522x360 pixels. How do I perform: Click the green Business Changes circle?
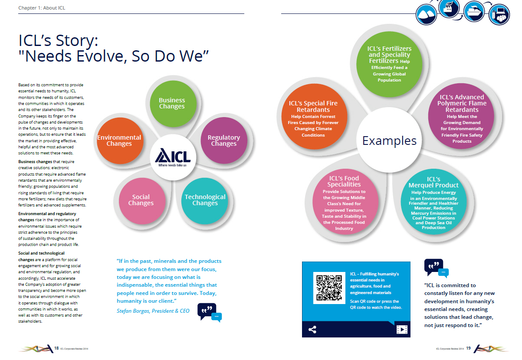(173, 104)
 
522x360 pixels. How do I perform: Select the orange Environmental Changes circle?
(120, 141)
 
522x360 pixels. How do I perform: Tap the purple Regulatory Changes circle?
(224, 141)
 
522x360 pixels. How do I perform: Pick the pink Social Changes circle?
(142, 201)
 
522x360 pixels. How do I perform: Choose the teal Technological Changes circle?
(205, 201)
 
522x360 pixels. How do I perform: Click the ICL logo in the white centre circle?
(173, 157)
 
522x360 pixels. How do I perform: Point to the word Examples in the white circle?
(389, 141)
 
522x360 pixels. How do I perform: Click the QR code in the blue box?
(329, 288)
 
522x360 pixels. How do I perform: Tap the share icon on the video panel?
(312, 330)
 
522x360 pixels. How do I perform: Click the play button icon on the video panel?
(402, 330)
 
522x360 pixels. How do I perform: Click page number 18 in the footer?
(56, 348)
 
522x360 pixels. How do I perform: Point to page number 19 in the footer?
(468, 348)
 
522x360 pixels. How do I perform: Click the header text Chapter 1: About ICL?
(42, 8)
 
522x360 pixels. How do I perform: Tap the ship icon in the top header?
(474, 12)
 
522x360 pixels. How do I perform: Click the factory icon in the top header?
(449, 8)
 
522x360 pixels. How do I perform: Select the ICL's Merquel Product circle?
(433, 202)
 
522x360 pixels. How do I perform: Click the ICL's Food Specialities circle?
(344, 202)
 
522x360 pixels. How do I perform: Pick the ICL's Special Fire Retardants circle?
(314, 117)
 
